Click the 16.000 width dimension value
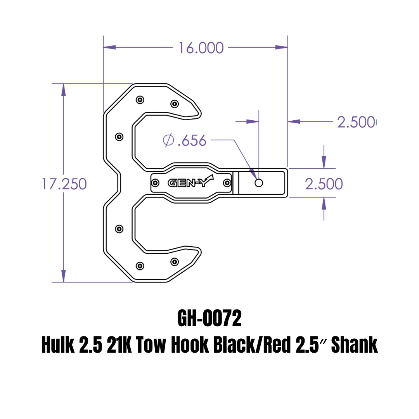click(x=201, y=48)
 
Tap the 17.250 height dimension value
click(x=64, y=184)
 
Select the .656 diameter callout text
click(x=192, y=140)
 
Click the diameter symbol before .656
click(x=168, y=140)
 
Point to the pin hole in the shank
click(x=259, y=183)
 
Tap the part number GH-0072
click(x=209, y=318)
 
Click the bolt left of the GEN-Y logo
click(x=155, y=183)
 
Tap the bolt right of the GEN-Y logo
click(x=227, y=183)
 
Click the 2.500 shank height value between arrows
click(x=324, y=184)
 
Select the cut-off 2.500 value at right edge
click(x=357, y=122)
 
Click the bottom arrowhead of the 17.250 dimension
click(x=64, y=276)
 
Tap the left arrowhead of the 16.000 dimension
click(x=109, y=47)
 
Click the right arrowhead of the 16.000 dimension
click(x=281, y=47)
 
